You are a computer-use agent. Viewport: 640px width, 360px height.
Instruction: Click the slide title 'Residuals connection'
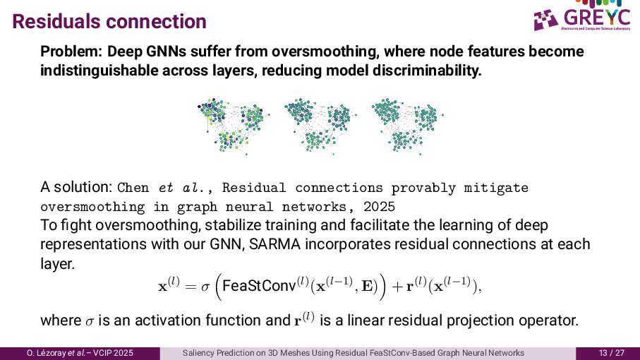(x=109, y=21)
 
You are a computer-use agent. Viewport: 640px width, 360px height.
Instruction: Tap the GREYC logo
(x=585, y=19)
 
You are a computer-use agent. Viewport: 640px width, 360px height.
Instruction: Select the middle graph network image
(x=318, y=125)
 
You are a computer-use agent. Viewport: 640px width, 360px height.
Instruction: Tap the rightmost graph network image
(x=405, y=125)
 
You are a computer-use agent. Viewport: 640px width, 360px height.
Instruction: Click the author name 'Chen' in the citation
(x=133, y=188)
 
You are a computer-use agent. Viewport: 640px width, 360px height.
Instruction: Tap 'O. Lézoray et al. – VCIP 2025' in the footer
(x=80, y=353)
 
